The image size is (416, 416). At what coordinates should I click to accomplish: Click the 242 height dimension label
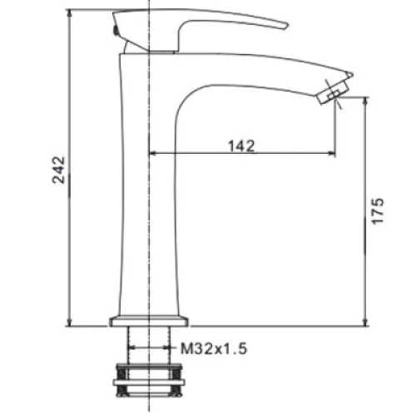click(58, 170)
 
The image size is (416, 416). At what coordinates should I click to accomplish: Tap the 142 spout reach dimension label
click(241, 146)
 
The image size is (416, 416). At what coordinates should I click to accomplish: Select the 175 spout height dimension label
click(378, 210)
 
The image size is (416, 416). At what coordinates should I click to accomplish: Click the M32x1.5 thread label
click(214, 349)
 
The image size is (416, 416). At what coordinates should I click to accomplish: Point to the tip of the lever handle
click(287, 26)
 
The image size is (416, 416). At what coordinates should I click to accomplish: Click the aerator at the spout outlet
click(333, 92)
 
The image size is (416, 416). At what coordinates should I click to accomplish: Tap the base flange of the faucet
click(149, 321)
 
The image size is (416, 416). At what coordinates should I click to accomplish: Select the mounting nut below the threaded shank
click(149, 380)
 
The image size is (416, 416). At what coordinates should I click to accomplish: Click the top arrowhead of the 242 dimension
click(69, 12)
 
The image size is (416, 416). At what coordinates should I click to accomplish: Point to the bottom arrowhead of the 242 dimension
click(69, 323)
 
